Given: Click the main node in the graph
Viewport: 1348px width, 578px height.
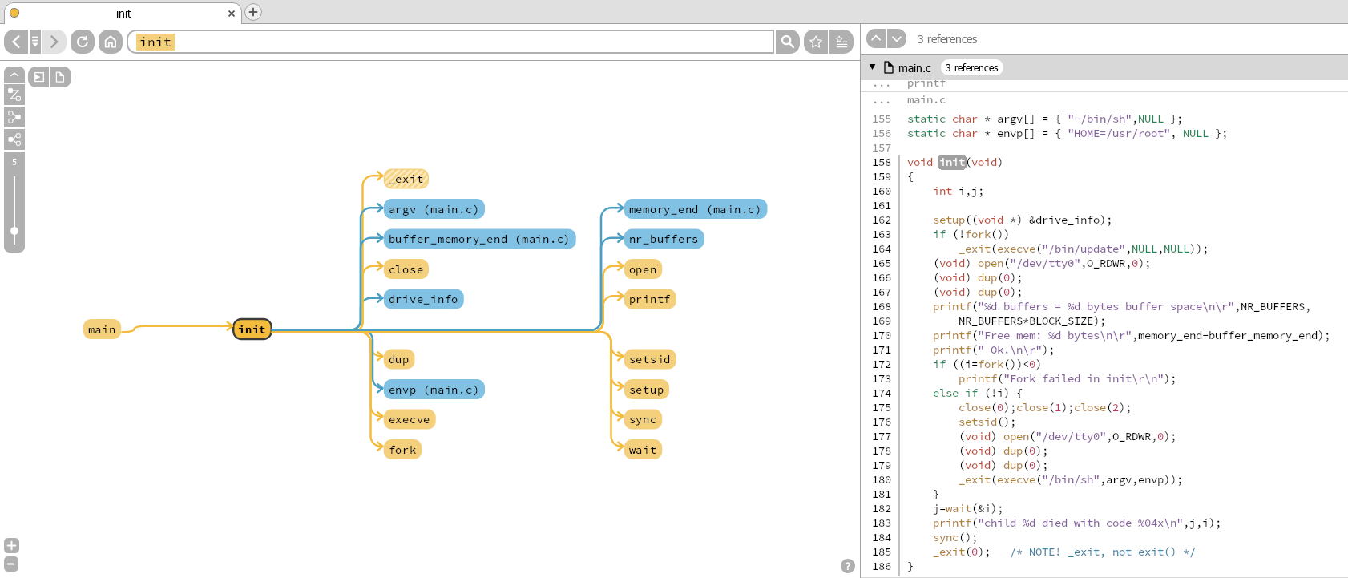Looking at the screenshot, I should (102, 329).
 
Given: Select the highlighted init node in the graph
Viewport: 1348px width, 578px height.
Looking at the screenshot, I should (252, 329).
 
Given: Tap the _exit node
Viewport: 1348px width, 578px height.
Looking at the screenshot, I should (406, 179).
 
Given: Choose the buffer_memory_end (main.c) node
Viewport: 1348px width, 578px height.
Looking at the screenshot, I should (478, 239).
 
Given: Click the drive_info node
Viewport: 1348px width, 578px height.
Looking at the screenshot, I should (423, 299).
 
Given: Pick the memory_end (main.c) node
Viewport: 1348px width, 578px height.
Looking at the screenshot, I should (694, 209).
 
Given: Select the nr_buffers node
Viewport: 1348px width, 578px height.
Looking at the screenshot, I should (663, 239).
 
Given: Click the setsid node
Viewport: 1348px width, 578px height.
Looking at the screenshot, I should (649, 359).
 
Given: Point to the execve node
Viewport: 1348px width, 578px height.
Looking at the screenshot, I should (409, 419).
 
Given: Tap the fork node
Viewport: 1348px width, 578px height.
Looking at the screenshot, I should (402, 450).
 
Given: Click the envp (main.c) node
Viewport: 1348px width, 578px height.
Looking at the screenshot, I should (434, 390).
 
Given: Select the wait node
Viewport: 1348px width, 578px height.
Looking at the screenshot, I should (643, 450).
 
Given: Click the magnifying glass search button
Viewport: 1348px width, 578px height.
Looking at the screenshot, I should (788, 42).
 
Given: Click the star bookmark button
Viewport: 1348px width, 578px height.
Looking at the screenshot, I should (816, 42).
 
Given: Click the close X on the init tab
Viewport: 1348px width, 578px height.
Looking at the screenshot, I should (232, 14).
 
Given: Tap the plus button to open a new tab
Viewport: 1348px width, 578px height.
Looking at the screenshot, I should (253, 12).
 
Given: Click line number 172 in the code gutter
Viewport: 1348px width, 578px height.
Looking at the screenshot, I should (882, 364).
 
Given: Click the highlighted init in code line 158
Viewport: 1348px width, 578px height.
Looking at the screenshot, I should (952, 162).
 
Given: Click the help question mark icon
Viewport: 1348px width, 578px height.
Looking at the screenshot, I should (848, 566).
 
